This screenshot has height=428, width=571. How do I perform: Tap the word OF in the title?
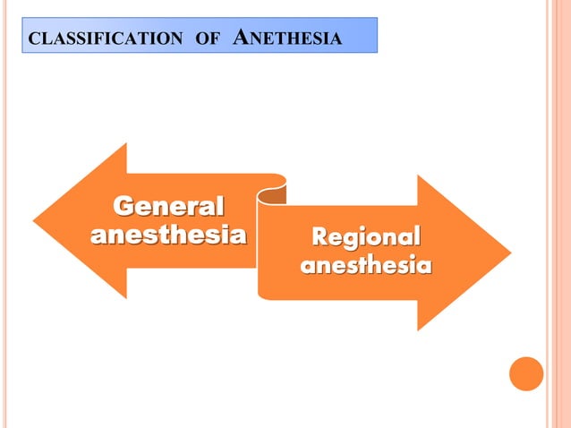tap(206, 39)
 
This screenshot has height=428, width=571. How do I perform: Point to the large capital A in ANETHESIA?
tap(242, 37)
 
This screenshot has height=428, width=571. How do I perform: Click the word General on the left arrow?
tap(168, 207)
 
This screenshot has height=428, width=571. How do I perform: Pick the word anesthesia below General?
tap(168, 235)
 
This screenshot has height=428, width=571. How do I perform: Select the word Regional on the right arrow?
tap(365, 237)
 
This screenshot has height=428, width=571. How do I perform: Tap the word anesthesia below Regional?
tap(365, 266)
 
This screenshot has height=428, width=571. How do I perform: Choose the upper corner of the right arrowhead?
tap(418, 176)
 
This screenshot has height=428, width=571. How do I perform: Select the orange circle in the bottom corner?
tap(526, 373)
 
